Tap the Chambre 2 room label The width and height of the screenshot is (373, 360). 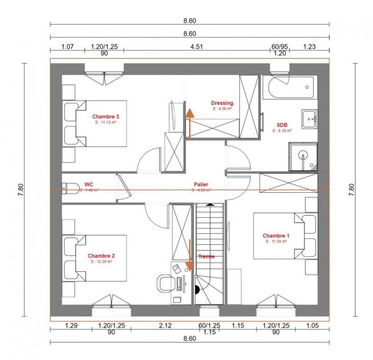[101, 256]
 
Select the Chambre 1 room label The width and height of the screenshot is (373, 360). [276, 235]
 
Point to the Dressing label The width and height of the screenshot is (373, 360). [222, 103]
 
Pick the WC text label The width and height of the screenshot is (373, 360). [88, 184]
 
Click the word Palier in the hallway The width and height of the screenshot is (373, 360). [201, 184]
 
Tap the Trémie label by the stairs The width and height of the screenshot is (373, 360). [206, 256]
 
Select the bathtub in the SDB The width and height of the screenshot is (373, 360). [290, 88]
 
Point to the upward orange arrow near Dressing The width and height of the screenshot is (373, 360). [189, 122]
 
